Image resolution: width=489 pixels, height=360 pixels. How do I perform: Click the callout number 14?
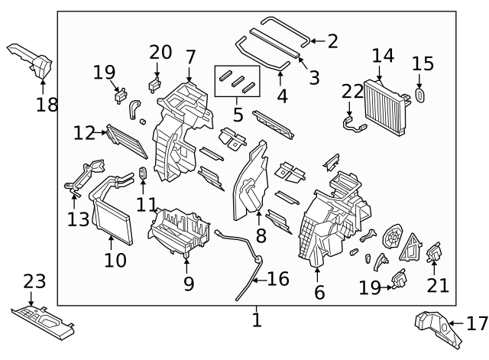pos(383,55)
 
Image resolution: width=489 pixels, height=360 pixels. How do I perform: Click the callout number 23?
pos(34,281)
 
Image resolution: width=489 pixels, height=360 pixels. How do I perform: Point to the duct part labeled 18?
pos(31,59)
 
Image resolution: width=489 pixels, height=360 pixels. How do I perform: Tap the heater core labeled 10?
pos(110,217)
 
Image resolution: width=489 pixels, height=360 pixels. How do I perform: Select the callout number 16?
pos(277,279)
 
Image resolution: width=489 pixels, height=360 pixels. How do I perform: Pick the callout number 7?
pos(190,56)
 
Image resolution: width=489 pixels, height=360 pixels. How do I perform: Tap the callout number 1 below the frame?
pos(257,319)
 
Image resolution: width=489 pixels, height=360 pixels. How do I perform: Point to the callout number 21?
pos(439,285)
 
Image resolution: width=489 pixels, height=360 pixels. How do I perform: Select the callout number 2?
pos(332,41)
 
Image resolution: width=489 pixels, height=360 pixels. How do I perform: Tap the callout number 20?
pos(160,52)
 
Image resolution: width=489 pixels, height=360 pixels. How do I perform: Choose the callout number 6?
pos(319,291)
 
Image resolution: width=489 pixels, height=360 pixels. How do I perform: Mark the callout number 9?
pos(188,284)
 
